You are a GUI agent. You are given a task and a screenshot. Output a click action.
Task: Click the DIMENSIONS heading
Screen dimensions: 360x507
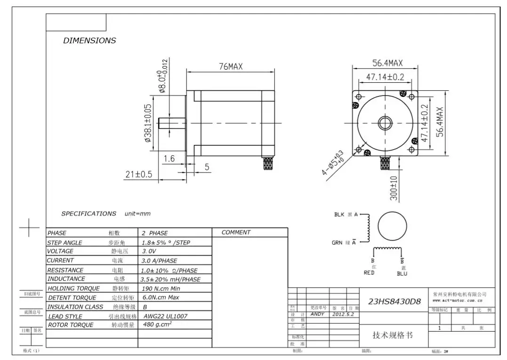coord(89,40)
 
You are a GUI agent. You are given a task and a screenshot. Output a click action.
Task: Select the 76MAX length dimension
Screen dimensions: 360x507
coord(231,67)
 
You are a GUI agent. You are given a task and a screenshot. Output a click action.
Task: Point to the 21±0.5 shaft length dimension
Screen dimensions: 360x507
coord(139,174)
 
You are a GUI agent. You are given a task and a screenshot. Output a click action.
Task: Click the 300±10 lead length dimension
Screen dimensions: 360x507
coord(394,188)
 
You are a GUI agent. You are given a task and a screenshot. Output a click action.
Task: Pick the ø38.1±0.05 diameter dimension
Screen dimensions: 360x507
coord(147,123)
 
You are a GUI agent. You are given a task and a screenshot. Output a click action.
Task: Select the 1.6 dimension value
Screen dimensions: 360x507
coord(169,159)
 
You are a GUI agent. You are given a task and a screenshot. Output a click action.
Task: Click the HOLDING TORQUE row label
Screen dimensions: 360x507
coord(73,288)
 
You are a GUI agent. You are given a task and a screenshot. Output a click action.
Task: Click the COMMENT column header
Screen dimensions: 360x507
coord(236,232)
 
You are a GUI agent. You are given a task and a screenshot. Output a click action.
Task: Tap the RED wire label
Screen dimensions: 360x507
coord(369,273)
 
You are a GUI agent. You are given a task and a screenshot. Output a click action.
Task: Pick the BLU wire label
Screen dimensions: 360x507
coord(402,273)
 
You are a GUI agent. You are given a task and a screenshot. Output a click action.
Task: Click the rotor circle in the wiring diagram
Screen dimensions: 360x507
coord(392,225)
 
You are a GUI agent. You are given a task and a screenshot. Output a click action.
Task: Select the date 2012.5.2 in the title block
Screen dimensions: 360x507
coord(343,314)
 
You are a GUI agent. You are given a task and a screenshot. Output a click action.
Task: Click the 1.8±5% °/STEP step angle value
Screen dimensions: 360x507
coord(166,243)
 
